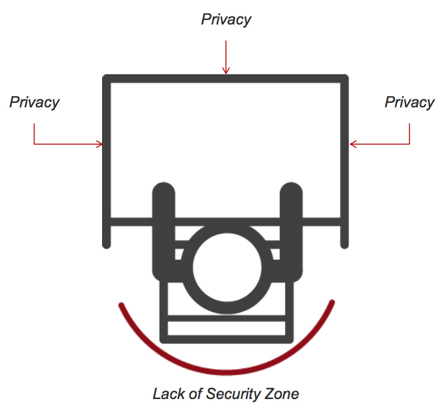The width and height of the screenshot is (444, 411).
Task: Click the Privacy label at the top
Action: [x=226, y=19]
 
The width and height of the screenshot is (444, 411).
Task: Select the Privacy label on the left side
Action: [x=34, y=102]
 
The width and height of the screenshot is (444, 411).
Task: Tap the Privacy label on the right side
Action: [x=410, y=102]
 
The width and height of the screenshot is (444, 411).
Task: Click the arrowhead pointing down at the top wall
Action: [x=226, y=70]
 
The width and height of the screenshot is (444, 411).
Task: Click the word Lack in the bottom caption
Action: [x=166, y=394]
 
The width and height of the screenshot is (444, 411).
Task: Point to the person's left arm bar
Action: [x=163, y=229]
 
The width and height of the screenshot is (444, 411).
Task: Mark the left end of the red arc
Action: [x=121, y=306]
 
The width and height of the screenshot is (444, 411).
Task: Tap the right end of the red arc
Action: [x=331, y=304]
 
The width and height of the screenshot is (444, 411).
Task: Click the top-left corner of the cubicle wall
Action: [x=107, y=79]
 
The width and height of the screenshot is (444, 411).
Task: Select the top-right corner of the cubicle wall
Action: [x=344, y=79]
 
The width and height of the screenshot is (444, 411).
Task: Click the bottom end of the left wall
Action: [x=107, y=245]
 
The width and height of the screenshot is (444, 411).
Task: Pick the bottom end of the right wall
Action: [x=344, y=245]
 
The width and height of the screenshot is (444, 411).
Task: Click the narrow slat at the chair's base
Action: [x=225, y=327]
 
